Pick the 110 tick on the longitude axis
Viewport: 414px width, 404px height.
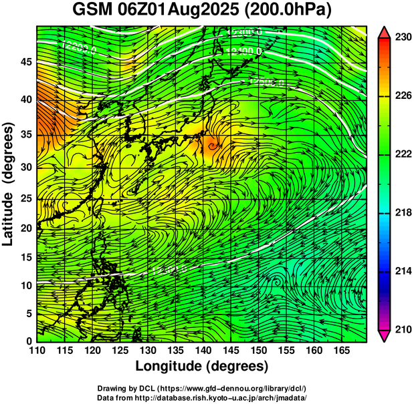[x=37, y=350]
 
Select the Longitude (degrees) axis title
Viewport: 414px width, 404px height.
[x=202, y=367]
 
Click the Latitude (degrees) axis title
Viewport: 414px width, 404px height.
[x=9, y=184]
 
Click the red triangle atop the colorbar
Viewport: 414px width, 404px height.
[x=385, y=32]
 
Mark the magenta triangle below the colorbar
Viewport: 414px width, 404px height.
[x=385, y=336]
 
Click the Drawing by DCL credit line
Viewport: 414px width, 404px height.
[x=201, y=389]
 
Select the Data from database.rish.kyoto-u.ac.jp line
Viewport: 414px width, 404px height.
[x=201, y=397]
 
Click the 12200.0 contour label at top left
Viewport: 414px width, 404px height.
[x=78, y=47]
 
